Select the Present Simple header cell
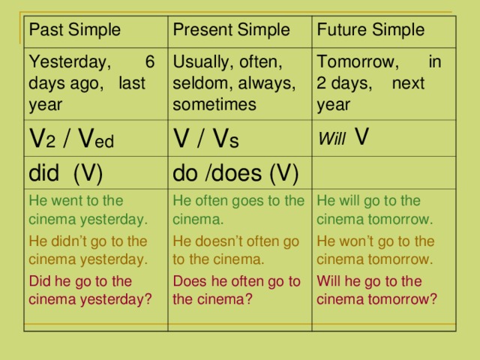click(232, 31)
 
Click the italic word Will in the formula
click(332, 140)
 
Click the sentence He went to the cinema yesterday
click(87, 210)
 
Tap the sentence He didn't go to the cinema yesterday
click(87, 250)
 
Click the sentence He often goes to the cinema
click(238, 210)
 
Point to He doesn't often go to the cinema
click(236, 250)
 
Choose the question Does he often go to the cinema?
click(236, 290)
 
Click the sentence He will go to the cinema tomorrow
click(375, 210)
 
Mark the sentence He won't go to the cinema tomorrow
click(375, 250)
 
